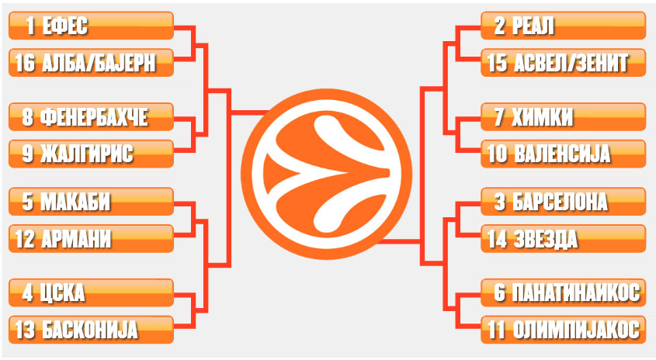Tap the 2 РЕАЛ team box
(564, 26)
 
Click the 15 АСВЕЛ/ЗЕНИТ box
(564, 63)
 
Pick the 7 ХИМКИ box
(564, 117)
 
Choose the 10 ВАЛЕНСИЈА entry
(564, 154)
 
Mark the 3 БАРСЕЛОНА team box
(564, 202)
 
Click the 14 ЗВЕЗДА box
(564, 238)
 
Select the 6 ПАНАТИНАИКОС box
(564, 292)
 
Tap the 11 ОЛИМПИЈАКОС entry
(564, 329)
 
